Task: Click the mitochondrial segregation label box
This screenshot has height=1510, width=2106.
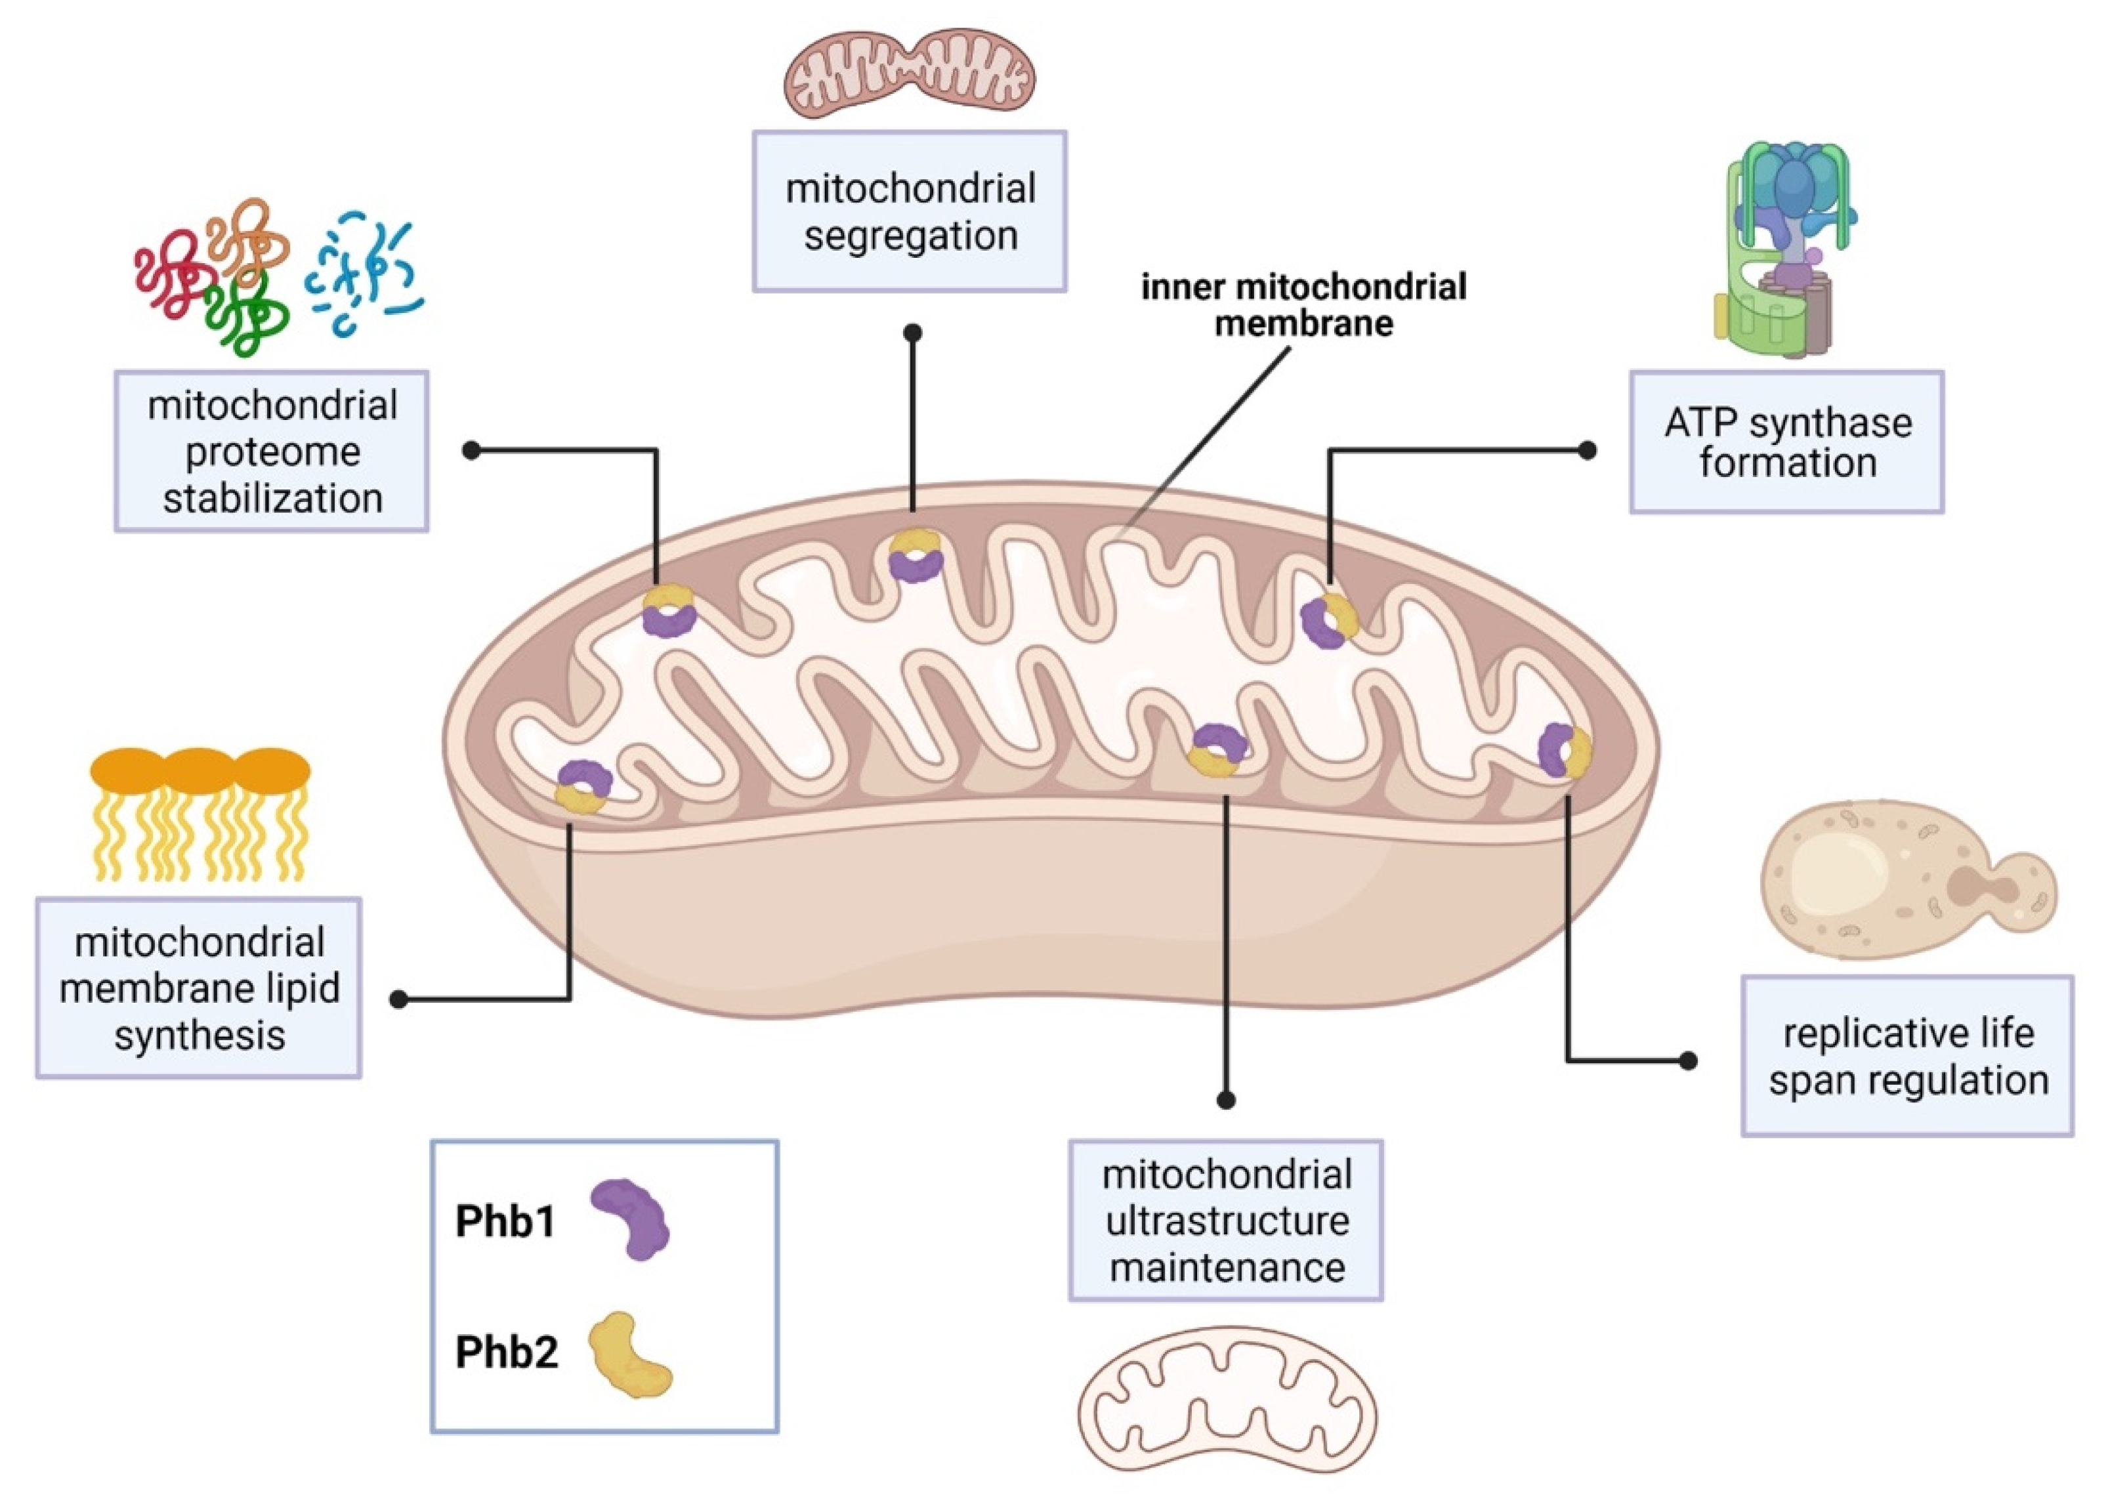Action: tap(908, 212)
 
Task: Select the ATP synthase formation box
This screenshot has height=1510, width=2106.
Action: tap(1786, 442)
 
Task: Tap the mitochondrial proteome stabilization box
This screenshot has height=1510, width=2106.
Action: tap(271, 451)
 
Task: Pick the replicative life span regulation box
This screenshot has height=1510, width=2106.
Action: tap(1906, 1056)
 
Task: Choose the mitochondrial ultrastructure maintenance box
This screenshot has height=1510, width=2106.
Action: tap(1226, 1220)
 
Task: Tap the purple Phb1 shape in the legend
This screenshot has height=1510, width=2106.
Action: tap(631, 1217)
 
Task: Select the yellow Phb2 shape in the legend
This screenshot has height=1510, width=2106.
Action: tap(631, 1354)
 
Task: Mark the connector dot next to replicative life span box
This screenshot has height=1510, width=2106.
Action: tap(1688, 1060)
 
